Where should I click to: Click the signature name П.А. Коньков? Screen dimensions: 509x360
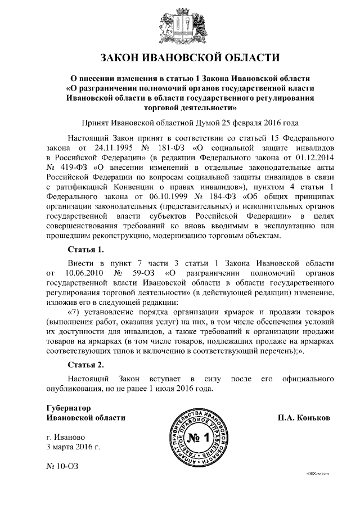[304, 418]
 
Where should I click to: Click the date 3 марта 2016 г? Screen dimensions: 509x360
[73, 447]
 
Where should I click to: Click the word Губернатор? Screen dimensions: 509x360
[68, 408]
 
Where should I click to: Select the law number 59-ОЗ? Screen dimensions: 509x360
[148, 273]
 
